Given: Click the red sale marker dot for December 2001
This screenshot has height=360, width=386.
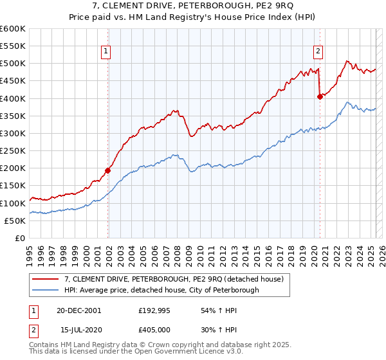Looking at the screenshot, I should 108,170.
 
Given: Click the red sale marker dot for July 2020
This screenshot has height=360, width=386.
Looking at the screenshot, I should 320,96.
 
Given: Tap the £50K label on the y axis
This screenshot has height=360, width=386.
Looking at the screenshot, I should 15,221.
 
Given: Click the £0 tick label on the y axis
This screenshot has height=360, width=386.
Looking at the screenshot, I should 21,238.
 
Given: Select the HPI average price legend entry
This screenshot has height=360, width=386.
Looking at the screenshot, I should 161,290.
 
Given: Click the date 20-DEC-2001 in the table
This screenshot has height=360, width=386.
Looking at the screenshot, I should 79,310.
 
